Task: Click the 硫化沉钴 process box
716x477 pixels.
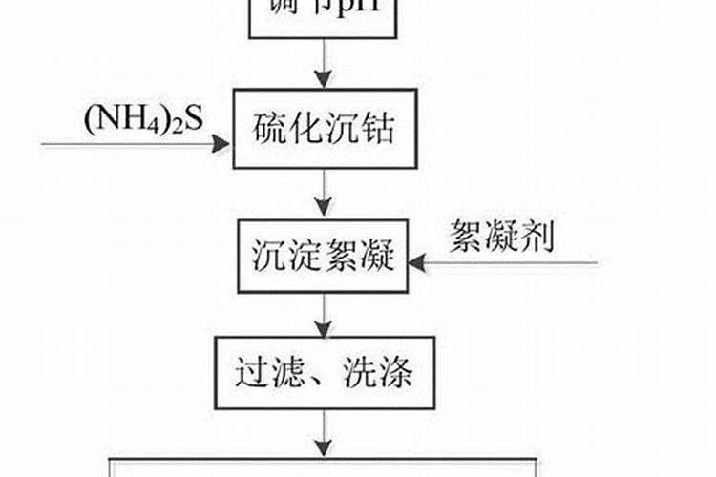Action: [326, 130]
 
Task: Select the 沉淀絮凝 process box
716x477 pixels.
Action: [325, 257]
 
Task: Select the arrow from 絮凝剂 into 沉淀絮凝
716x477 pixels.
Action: [506, 260]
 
